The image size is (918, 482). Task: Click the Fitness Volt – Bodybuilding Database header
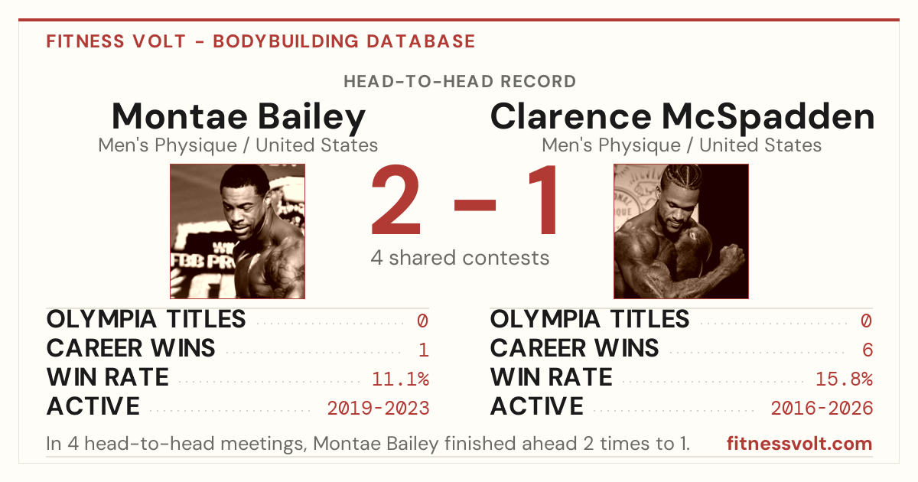coord(261,41)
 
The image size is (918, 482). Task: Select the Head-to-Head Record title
coord(460,82)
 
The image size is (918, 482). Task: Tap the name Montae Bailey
coord(238,117)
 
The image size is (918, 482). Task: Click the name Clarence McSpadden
coord(682,117)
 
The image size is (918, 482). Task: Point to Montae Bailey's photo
coord(238,232)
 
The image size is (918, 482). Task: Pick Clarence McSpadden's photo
coord(681,232)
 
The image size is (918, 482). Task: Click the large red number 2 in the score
coord(396,200)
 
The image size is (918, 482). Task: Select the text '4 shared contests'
coord(460,258)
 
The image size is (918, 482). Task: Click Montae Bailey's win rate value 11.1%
coord(400,379)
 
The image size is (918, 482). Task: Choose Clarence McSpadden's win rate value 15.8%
coord(844,379)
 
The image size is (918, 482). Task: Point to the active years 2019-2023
coord(378,409)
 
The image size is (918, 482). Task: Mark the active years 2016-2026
coord(822,409)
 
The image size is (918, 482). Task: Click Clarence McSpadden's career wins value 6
coord(868,350)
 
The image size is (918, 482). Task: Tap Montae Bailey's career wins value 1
coord(424,350)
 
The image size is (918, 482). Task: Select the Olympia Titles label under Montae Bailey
coord(146,319)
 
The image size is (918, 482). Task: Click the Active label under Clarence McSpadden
coord(536,406)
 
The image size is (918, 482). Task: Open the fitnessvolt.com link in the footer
coord(799,444)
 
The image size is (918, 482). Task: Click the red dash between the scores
coord(475,205)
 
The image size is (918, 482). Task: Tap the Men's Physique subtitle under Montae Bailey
coord(238,145)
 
